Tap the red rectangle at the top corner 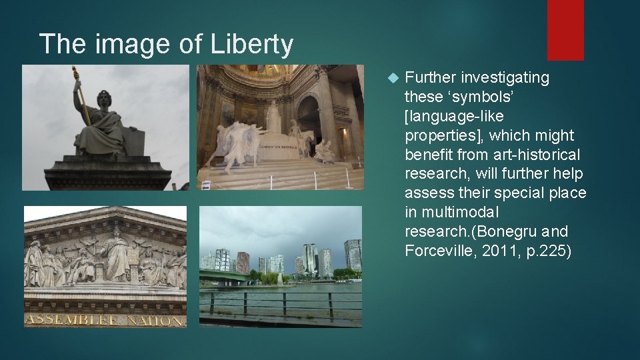[x=565, y=29]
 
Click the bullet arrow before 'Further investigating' [x=392, y=78]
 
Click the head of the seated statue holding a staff [x=104, y=99]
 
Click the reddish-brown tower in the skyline [x=243, y=262]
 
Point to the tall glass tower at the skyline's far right [x=353, y=255]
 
